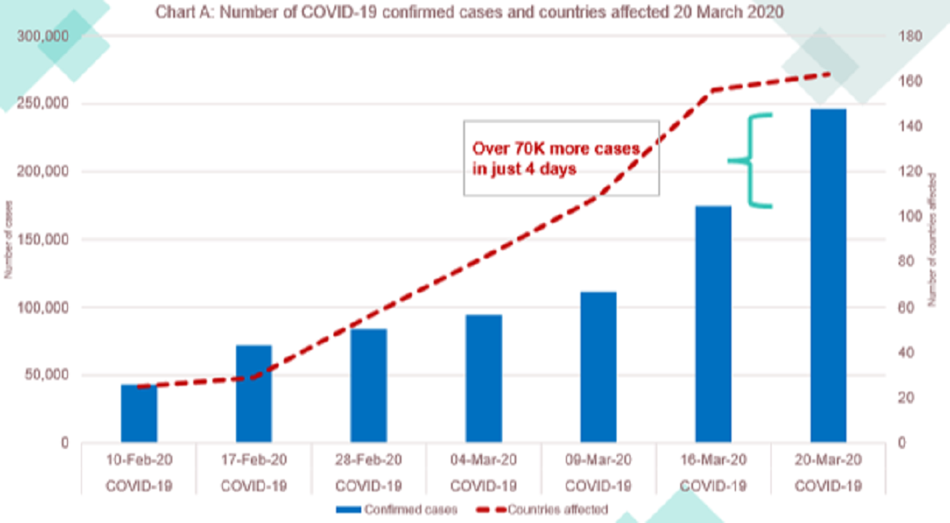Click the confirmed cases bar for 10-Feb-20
[138, 413]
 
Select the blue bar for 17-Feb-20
[253, 394]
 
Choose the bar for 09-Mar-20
[598, 367]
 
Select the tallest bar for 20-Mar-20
[828, 275]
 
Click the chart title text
[468, 13]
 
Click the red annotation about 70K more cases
[556, 160]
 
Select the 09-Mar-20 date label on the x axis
[598, 459]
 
